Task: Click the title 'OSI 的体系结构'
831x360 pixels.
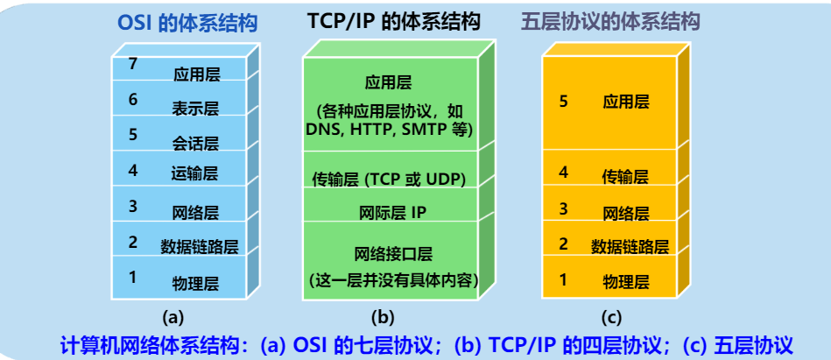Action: pos(187,24)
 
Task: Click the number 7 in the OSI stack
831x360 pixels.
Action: pos(132,63)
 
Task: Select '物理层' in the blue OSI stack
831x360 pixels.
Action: pos(195,283)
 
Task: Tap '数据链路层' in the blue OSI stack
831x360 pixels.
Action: pos(199,246)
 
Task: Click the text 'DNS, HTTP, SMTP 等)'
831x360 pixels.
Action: pos(390,130)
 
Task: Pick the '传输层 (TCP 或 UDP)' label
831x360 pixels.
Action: pos(389,180)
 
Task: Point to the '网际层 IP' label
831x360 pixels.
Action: pos(391,211)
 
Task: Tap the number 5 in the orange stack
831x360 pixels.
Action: pos(563,102)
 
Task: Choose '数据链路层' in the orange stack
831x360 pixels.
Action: pos(630,246)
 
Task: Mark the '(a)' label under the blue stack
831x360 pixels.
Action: pos(173,316)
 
